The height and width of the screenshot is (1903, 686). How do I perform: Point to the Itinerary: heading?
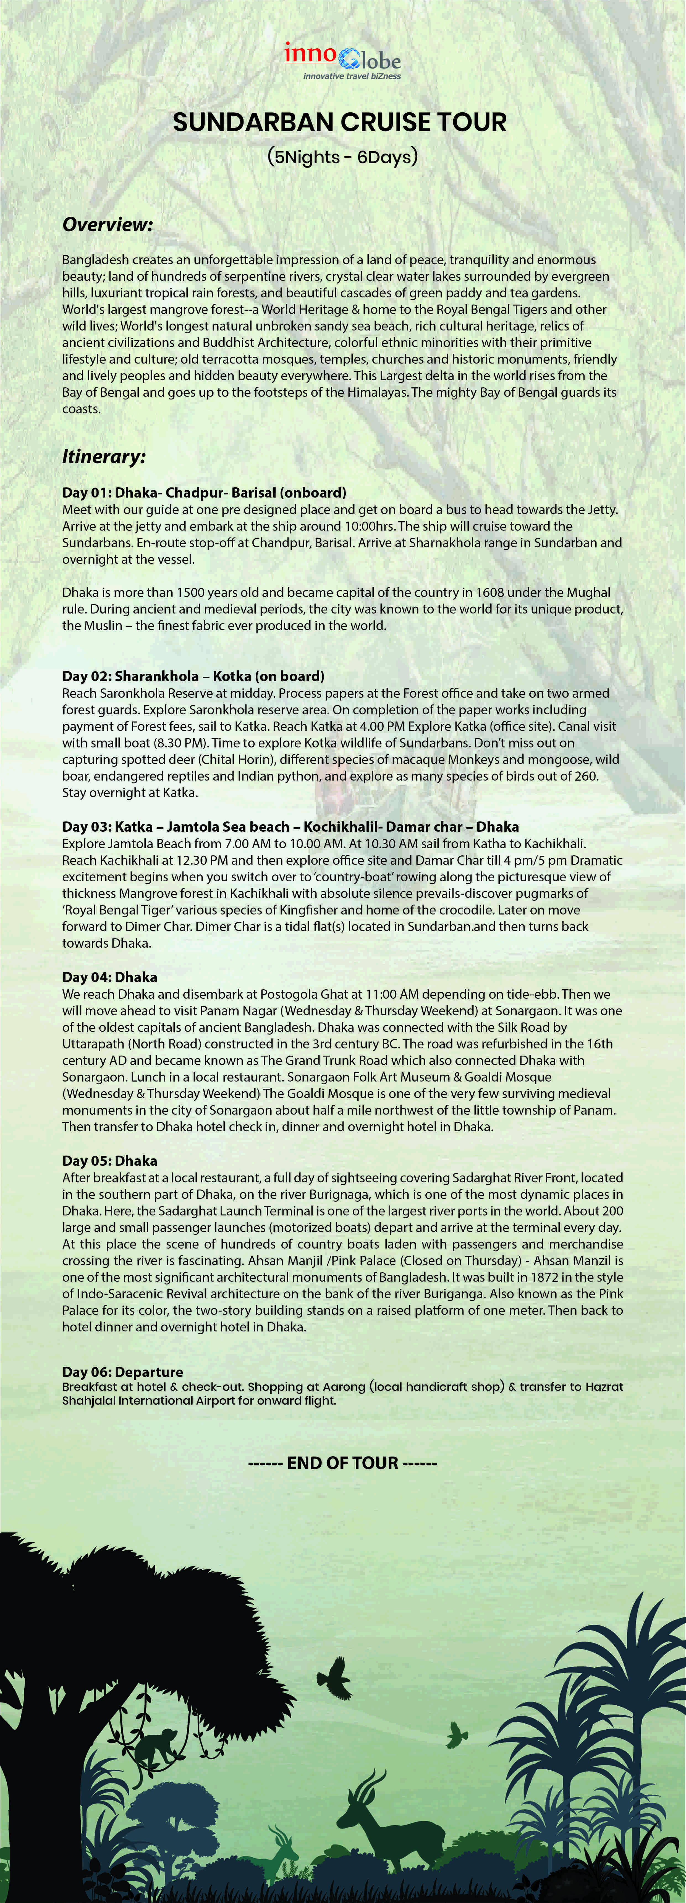(103, 456)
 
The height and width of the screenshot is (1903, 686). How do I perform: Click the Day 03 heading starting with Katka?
(290, 827)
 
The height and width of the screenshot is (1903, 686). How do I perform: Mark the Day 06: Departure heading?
(122, 1372)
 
